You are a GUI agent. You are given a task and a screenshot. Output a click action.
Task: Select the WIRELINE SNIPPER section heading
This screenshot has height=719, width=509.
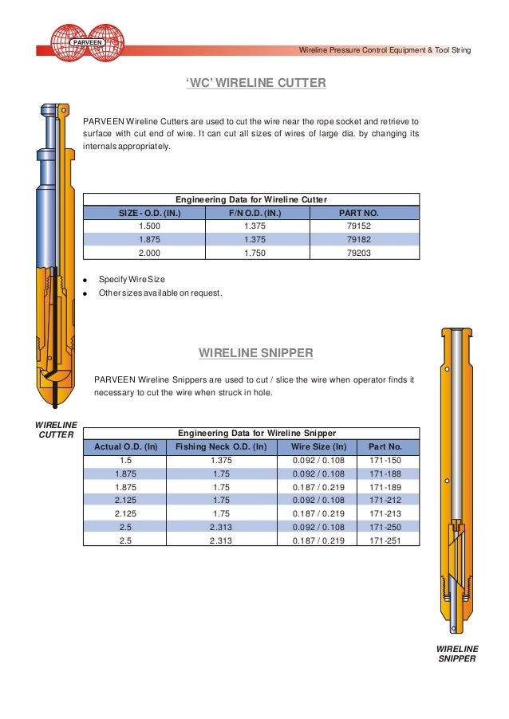click(x=255, y=352)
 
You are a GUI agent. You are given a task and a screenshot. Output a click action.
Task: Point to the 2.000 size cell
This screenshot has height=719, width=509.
click(x=149, y=253)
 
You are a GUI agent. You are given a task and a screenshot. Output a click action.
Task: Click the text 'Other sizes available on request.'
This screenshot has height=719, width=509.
click(x=160, y=293)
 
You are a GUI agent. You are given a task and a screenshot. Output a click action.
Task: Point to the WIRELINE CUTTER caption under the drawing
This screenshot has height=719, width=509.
click(x=57, y=430)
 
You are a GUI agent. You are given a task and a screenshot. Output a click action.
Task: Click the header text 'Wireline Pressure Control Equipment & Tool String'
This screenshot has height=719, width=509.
click(x=385, y=50)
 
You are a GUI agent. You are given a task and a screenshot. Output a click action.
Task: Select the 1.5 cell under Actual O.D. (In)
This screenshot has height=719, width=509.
click(x=125, y=460)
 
